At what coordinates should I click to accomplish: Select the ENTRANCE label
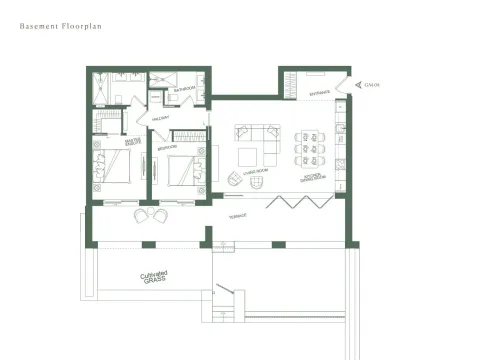pyautogui.click(x=320, y=92)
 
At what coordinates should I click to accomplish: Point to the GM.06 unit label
pyautogui.click(x=372, y=85)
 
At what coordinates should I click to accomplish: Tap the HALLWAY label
pyautogui.click(x=160, y=117)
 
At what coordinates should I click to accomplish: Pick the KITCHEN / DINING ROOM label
pyautogui.click(x=314, y=177)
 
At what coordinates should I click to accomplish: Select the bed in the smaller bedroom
pyautogui.click(x=183, y=170)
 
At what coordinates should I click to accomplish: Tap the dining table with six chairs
pyautogui.click(x=309, y=144)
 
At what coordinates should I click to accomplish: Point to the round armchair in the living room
pyautogui.click(x=235, y=178)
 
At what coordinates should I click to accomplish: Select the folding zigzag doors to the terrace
pyautogui.click(x=300, y=201)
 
